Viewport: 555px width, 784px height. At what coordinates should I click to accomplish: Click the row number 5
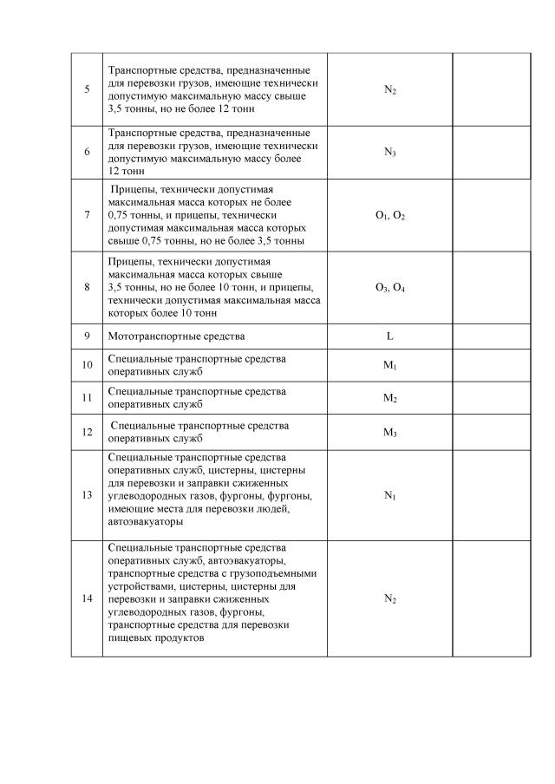(87, 89)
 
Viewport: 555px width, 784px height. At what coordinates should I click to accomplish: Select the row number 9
(87, 336)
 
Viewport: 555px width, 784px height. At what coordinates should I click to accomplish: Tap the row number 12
(87, 432)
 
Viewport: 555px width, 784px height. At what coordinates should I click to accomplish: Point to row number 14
(87, 598)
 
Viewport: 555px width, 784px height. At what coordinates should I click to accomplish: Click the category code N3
(390, 152)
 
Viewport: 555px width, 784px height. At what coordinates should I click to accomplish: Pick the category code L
(390, 336)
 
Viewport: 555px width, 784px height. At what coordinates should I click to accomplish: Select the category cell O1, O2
(390, 215)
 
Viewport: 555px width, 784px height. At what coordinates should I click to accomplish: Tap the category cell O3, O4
(390, 287)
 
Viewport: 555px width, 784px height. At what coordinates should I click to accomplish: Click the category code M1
(390, 365)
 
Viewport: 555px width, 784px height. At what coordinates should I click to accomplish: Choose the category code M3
(390, 432)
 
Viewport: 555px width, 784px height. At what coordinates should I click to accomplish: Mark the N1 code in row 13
(390, 494)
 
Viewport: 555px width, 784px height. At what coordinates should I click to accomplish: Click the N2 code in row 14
(390, 598)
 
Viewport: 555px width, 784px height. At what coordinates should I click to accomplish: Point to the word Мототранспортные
(153, 336)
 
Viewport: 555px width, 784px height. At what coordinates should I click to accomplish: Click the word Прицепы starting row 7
(134, 189)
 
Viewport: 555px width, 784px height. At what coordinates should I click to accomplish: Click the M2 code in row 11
(390, 398)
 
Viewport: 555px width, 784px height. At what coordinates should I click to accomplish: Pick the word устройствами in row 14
(134, 586)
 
